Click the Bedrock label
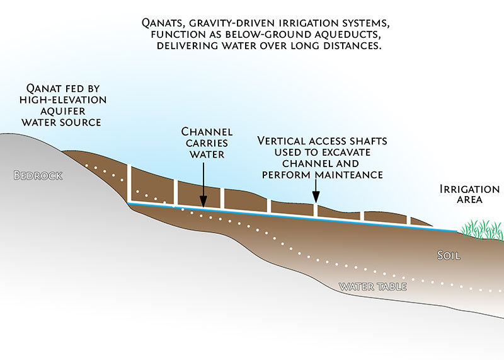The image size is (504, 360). [x=38, y=176]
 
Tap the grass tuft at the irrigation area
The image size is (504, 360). [x=482, y=230]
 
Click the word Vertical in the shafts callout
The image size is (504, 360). [x=283, y=141]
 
